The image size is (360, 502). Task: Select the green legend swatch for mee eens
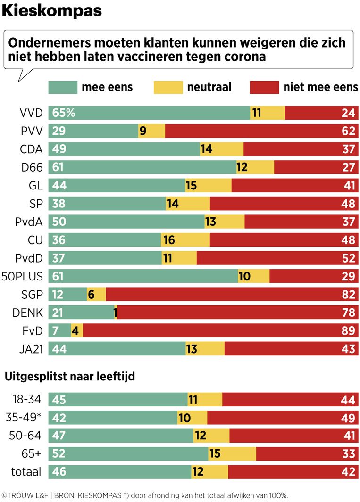[x=62, y=87]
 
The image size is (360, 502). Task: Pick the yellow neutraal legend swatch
[x=168, y=87]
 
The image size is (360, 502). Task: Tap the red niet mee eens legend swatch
[x=264, y=87]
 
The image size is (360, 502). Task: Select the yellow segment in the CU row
[x=185, y=240]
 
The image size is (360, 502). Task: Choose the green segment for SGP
[x=67, y=294]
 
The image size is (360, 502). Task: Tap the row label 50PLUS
[x=23, y=276]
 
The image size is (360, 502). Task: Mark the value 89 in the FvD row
[x=348, y=330]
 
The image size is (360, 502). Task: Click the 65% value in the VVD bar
[x=63, y=113]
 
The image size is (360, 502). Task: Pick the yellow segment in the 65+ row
[x=232, y=454]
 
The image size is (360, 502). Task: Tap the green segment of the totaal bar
[x=120, y=472]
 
